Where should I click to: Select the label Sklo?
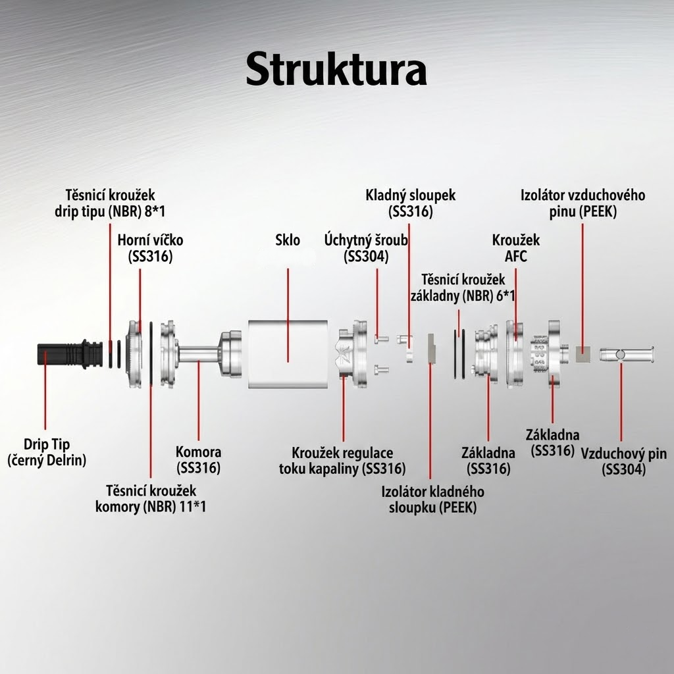point(288,240)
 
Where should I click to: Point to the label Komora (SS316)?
point(198,460)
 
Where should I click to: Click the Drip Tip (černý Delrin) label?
point(47,452)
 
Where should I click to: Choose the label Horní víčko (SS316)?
point(150,247)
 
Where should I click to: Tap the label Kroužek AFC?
point(515,247)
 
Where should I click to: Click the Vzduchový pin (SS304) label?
point(623,461)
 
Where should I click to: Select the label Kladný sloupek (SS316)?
point(411,203)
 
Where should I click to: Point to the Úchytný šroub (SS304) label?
point(367,247)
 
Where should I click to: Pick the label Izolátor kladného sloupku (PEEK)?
point(433,500)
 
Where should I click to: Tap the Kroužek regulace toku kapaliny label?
point(342,461)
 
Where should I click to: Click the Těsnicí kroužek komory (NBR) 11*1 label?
point(151,498)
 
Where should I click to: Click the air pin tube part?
point(626,354)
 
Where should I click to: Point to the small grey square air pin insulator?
point(583,355)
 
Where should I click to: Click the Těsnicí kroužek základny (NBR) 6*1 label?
point(463,287)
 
